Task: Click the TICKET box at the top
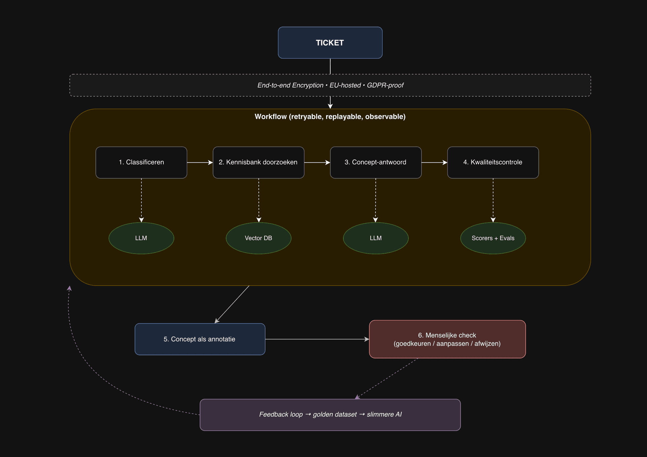[x=330, y=43]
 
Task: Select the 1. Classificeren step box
[x=141, y=162]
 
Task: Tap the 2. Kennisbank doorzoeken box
[x=258, y=162]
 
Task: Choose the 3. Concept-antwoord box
[x=375, y=162]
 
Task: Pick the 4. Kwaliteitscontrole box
[x=493, y=162]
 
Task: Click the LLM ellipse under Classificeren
[x=141, y=238]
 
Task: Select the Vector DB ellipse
[x=258, y=238]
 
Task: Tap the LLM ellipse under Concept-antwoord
[x=375, y=238]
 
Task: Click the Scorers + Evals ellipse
[x=493, y=238]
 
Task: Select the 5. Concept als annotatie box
[x=199, y=339]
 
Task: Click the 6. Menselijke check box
[x=447, y=339]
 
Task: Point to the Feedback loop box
[x=330, y=415]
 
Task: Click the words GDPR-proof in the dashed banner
[x=385, y=85]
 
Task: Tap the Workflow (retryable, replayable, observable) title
[x=330, y=117]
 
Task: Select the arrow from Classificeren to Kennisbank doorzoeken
[x=199, y=162]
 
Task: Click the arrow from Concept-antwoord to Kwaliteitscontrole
[x=434, y=162]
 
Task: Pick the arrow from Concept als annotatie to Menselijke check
[x=317, y=339]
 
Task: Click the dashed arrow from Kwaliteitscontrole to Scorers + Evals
[x=493, y=200]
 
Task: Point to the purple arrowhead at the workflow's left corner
[x=69, y=288]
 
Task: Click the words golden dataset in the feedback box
[x=335, y=415]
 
